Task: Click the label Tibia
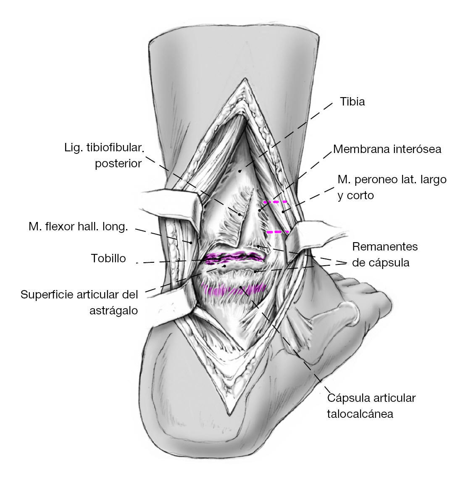tap(352, 102)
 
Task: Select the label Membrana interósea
tap(387, 149)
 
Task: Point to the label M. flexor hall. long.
tap(78, 227)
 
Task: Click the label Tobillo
tap(108, 258)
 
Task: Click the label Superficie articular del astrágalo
tap(79, 302)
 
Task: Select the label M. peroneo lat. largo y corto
tap(392, 187)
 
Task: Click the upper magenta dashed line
tap(275, 202)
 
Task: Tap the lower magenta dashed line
tap(278, 232)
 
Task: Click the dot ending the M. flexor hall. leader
tap(191, 243)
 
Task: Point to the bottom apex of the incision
tap(230, 414)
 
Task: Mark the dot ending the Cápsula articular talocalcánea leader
tap(241, 288)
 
